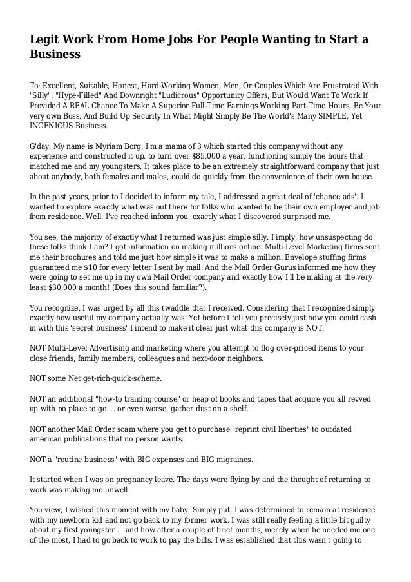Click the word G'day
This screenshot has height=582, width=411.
coord(43,146)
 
